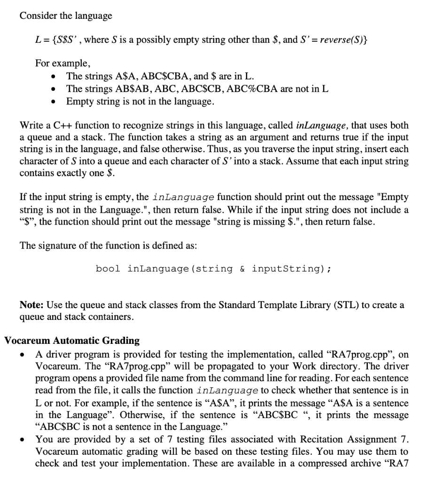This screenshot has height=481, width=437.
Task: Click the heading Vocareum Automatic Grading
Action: pyautogui.click(x=71, y=341)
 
